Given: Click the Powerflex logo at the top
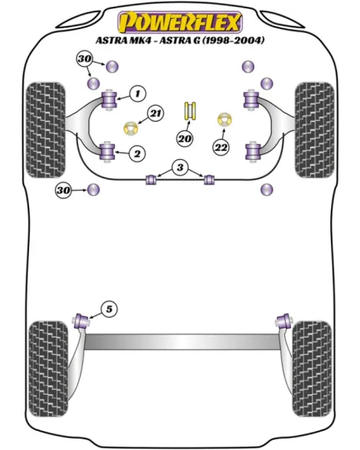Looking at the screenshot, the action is [180, 22].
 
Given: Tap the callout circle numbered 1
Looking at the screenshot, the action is [138, 93].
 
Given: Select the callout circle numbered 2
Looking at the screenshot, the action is [137, 154].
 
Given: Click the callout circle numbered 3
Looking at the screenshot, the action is [180, 168].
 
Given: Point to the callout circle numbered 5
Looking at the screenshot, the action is [110, 310].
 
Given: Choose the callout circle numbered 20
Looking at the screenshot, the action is [185, 139].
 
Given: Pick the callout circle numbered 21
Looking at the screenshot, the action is [155, 113].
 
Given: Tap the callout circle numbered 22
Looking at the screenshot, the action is [221, 148].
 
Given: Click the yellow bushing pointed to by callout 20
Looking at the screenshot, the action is [190, 111].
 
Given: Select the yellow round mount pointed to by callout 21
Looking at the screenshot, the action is [131, 129].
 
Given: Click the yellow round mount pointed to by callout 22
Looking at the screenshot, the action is [224, 119].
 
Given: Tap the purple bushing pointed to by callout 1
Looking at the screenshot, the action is [110, 99].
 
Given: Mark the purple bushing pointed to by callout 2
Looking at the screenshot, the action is [108, 151].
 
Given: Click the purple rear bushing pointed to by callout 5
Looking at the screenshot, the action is [82, 321].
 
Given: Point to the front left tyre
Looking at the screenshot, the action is [45, 130].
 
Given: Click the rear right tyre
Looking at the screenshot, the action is [312, 370].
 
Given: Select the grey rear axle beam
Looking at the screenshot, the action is [182, 342].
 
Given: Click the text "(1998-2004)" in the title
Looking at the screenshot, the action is [233, 41].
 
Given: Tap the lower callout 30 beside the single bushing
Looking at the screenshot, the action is [64, 190].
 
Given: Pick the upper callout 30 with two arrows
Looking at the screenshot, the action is [84, 60].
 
